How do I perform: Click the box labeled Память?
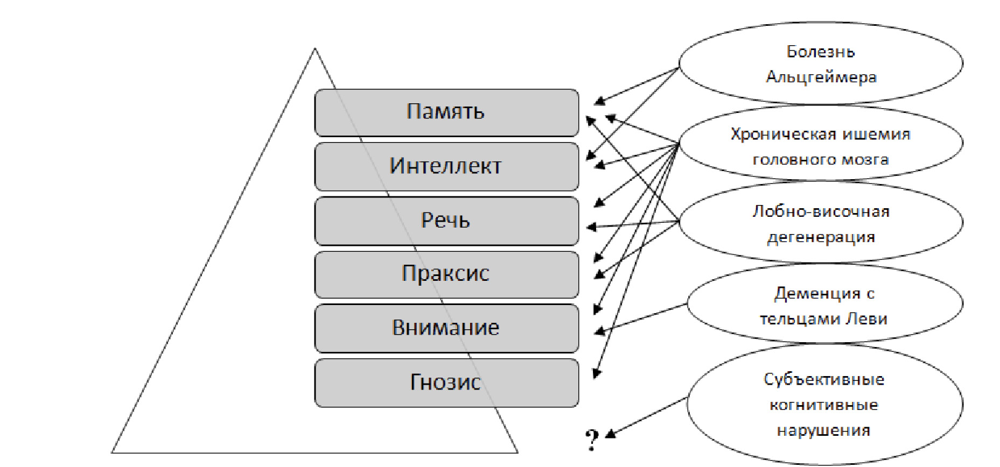point(446,112)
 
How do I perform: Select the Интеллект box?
point(446,166)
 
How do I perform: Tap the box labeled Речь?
point(446,221)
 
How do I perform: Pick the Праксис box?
point(446,274)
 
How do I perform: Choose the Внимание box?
point(446,328)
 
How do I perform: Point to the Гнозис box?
point(446,383)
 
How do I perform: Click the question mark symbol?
point(592,440)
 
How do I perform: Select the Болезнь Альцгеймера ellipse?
point(821,64)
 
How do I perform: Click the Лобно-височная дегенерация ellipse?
point(821,223)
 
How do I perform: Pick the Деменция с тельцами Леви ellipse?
point(824,305)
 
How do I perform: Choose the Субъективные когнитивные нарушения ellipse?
point(824,405)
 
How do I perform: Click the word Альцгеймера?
point(821,77)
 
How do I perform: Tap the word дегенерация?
point(821,237)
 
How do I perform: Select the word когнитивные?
point(824,405)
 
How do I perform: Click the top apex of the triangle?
point(315,49)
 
